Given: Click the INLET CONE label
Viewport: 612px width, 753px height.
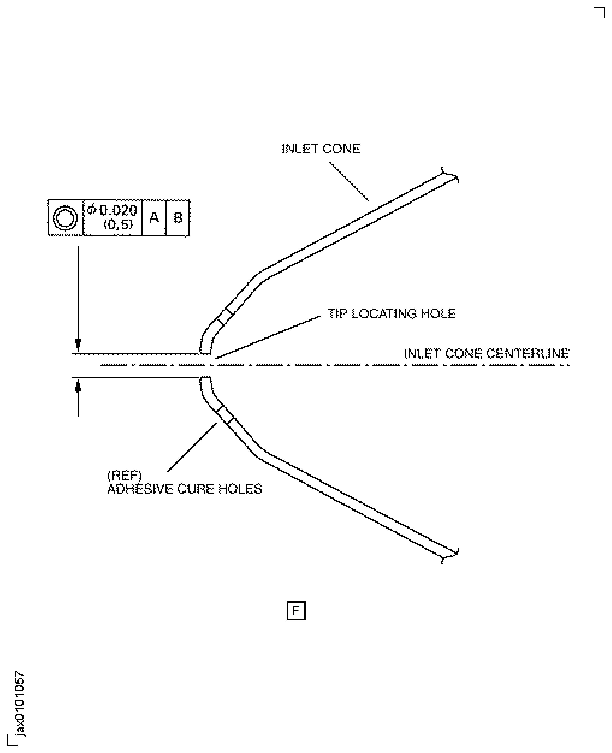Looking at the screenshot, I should (x=321, y=149).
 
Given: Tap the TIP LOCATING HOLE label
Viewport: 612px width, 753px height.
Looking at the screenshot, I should (x=391, y=314).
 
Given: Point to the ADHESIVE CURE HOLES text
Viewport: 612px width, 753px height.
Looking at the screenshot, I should (x=184, y=489).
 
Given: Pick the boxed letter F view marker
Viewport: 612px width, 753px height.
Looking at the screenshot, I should (x=296, y=611).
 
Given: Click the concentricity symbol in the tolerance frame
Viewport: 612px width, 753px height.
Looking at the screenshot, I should (x=65, y=218).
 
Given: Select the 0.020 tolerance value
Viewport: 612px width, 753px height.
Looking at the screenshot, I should (x=118, y=210).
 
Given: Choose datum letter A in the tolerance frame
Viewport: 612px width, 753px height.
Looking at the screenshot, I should (x=154, y=218).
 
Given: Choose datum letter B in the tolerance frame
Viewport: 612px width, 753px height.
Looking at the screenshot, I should (x=178, y=218).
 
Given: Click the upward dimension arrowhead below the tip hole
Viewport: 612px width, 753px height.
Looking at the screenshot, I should (x=78, y=387).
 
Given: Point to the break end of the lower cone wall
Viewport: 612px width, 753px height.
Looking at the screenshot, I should (x=450, y=556).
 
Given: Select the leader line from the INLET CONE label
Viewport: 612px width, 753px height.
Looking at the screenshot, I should (x=349, y=181).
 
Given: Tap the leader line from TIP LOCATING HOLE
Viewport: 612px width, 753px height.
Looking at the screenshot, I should (x=268, y=337).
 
